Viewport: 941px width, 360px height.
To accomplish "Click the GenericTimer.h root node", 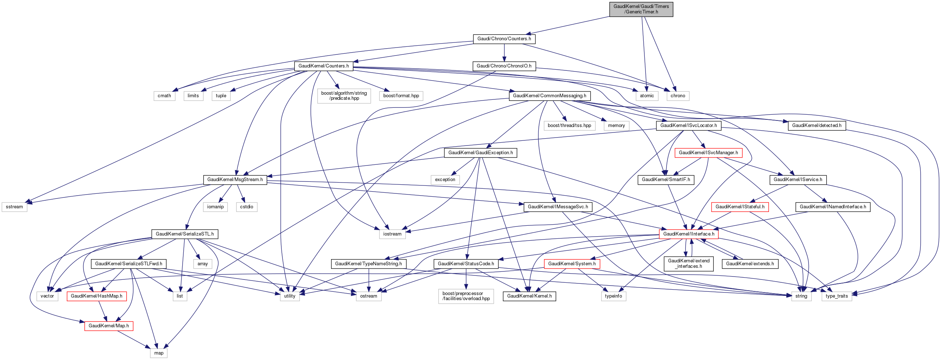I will click(641, 9).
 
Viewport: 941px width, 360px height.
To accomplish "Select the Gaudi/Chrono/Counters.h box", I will click(504, 39).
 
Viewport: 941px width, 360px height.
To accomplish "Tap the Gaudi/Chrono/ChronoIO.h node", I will click(504, 66).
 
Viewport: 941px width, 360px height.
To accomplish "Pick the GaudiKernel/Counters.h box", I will click(323, 66).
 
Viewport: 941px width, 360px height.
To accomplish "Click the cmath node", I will click(164, 96).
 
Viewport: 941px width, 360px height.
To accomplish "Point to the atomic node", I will click(647, 96).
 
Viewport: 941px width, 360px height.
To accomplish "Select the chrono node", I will click(678, 96).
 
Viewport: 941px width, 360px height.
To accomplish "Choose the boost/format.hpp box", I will click(401, 96).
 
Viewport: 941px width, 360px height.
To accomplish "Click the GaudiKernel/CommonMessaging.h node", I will click(549, 96).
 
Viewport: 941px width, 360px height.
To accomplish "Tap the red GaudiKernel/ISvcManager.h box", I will click(708, 153).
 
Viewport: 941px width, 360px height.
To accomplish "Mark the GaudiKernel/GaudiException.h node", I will click(480, 153).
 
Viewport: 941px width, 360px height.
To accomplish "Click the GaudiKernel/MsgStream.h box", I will click(235, 180).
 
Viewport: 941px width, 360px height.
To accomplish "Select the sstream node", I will click(15, 206).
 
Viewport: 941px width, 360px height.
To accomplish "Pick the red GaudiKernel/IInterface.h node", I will click(689, 234).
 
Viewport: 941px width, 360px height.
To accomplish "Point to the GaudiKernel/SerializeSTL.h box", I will click(184, 234).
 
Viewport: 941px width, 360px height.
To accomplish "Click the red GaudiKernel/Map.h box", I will click(109, 326).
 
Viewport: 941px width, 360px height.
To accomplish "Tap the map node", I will click(159, 353).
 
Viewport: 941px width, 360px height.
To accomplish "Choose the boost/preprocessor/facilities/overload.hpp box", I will click(466, 296).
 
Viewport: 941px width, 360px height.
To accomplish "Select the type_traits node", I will click(836, 296).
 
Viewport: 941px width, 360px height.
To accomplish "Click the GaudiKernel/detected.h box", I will click(816, 126).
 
